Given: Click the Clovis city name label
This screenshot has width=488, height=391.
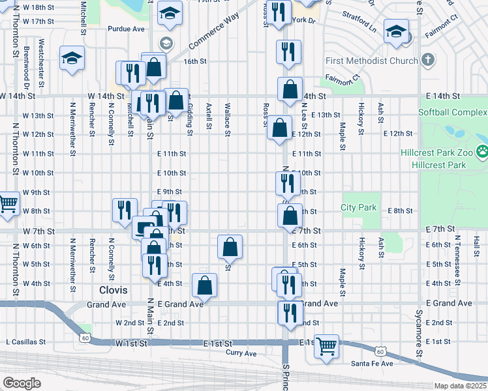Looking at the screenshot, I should click(x=114, y=289).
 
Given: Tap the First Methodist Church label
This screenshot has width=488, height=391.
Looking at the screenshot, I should click(x=372, y=61).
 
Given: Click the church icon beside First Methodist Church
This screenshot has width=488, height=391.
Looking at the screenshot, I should click(x=428, y=60).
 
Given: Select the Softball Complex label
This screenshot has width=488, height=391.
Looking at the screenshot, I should click(x=452, y=112).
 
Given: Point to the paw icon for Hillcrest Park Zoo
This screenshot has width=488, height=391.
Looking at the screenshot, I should click(x=482, y=152).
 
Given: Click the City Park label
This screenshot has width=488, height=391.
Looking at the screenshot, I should click(x=359, y=208).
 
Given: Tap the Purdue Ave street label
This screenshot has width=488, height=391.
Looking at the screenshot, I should click(x=126, y=29).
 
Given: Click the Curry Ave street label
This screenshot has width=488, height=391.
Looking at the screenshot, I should click(x=241, y=353).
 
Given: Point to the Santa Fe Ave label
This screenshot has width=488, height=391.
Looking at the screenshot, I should click(x=371, y=363).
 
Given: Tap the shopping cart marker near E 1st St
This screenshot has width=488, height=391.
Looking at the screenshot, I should click(x=326, y=346).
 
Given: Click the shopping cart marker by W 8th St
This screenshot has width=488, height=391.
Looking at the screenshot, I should click(x=7, y=204).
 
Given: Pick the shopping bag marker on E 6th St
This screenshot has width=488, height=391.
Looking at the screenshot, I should click(x=230, y=247).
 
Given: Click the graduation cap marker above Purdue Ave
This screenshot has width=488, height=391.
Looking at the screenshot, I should click(x=170, y=14).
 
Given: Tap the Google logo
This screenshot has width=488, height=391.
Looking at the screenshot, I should click(x=22, y=383).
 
